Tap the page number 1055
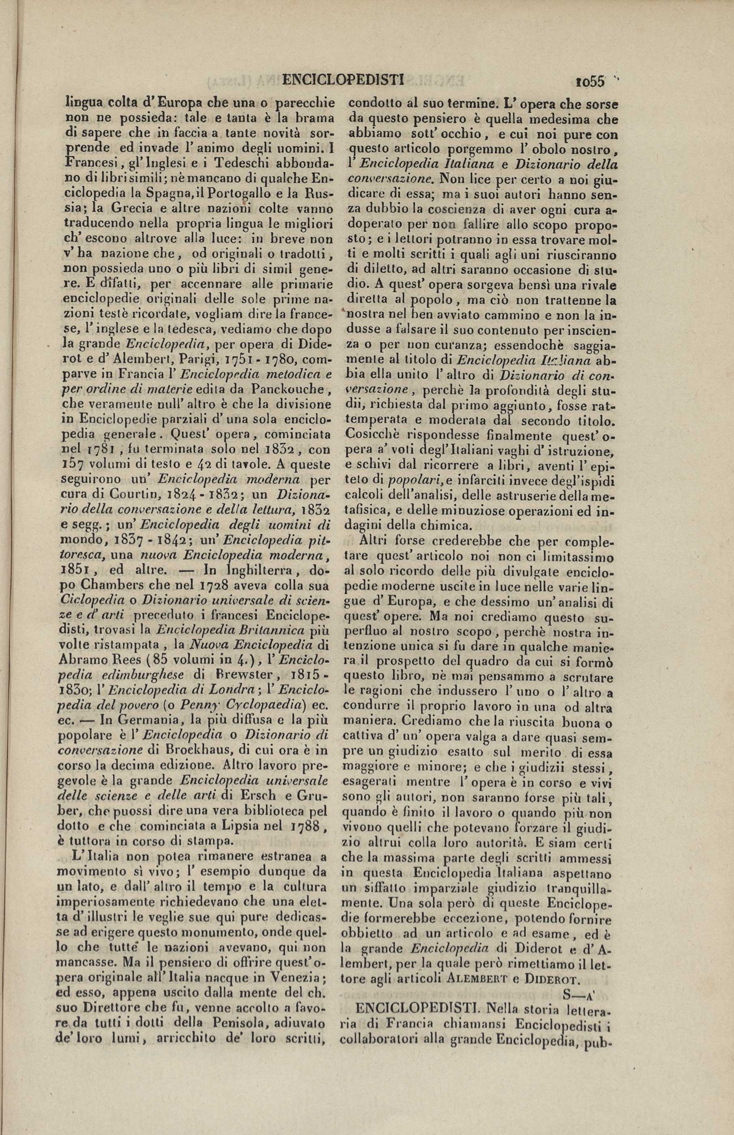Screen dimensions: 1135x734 coord(590,81)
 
